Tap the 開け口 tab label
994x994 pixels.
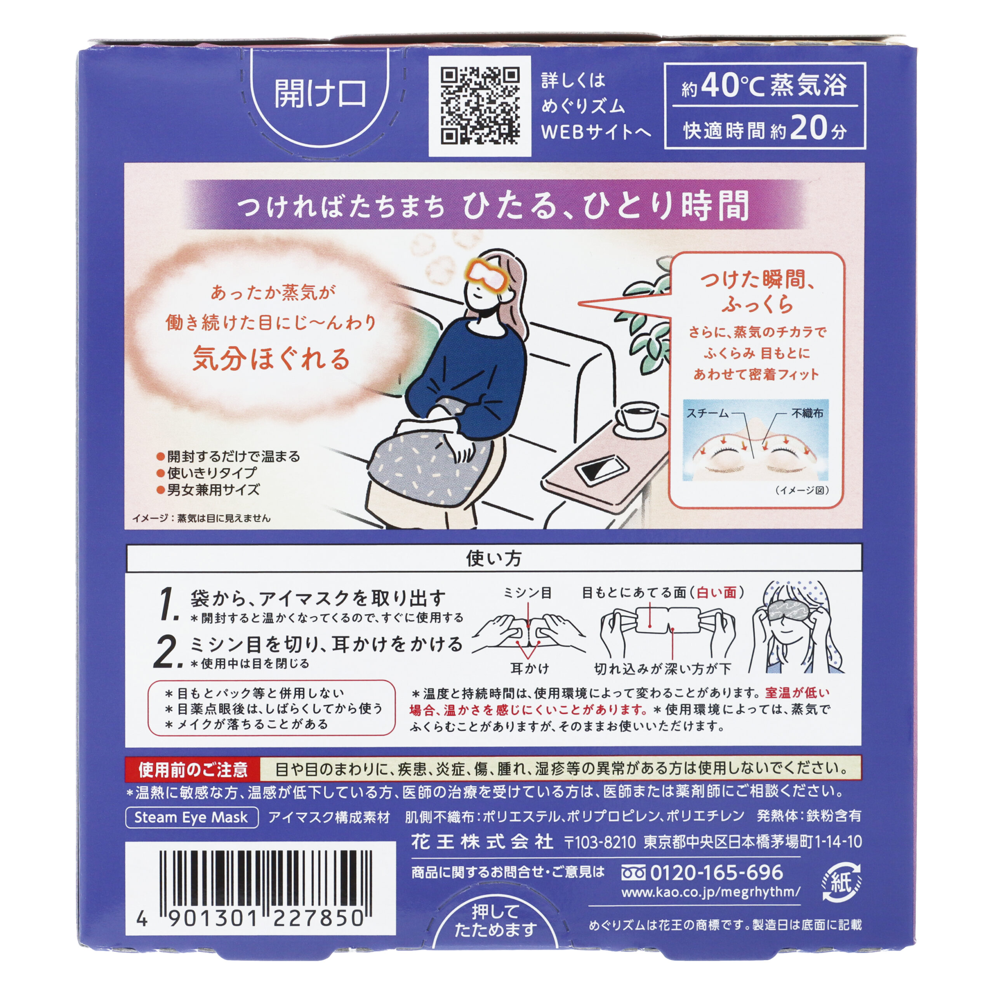[320, 94]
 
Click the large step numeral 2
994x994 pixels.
[167, 652]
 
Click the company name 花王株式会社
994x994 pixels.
[482, 842]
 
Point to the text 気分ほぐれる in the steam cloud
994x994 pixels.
[271, 359]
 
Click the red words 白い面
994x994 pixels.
[717, 593]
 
